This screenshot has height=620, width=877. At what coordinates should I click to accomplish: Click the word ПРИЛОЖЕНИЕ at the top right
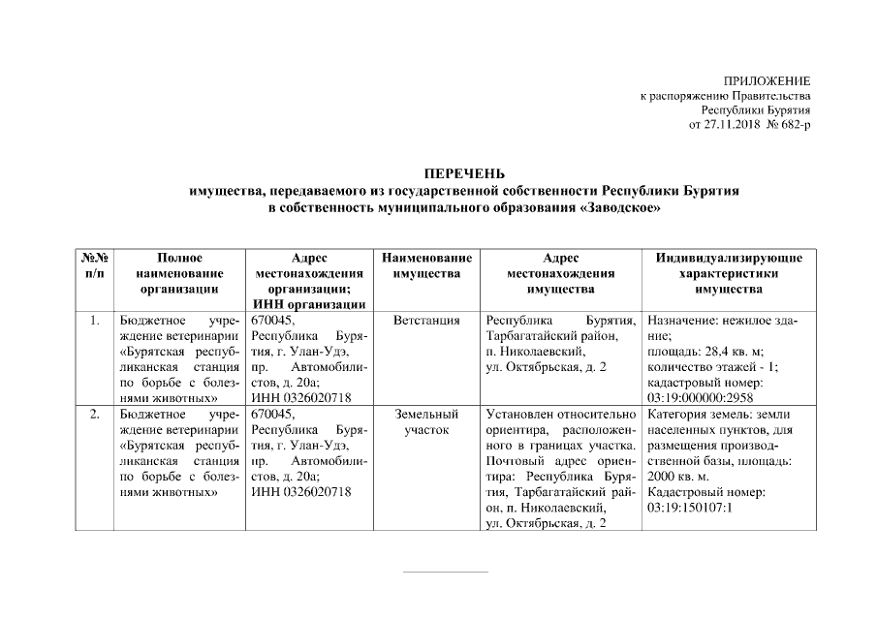click(x=767, y=80)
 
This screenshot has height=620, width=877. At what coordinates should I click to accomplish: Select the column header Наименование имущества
click(x=426, y=265)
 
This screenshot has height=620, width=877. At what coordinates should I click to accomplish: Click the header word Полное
click(x=178, y=258)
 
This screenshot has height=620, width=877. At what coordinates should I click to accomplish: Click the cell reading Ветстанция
click(x=426, y=320)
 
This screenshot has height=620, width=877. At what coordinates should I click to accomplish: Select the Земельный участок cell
click(x=426, y=421)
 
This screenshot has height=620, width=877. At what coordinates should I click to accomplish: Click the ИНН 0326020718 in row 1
click(x=300, y=397)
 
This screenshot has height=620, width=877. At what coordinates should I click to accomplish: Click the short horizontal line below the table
click(x=445, y=572)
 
